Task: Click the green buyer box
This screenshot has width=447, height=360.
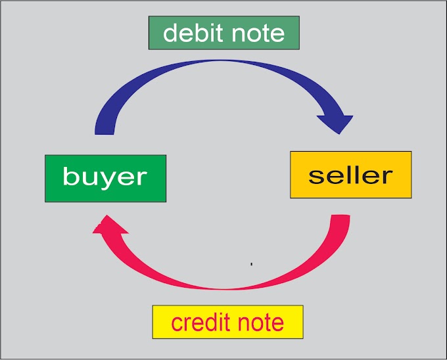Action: [x=105, y=178]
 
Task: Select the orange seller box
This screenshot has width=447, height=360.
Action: [x=350, y=175]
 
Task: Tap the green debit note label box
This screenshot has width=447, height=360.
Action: [x=223, y=34]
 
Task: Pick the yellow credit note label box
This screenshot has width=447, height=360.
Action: [x=227, y=322]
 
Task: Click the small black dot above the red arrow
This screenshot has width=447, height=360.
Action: [x=252, y=264]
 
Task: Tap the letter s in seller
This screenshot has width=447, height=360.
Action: [x=316, y=176]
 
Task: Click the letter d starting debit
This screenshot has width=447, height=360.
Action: [x=170, y=33]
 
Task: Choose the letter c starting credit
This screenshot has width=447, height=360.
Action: [x=176, y=324]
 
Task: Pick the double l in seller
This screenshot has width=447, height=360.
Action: [x=352, y=174]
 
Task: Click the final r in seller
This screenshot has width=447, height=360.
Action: [x=386, y=176]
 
